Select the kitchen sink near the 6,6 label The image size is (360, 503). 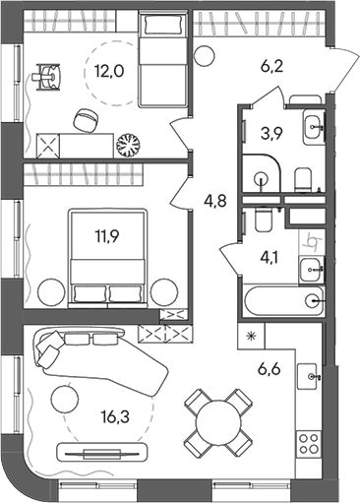pos(312,375)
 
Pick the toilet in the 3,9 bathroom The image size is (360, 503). pos(303,177)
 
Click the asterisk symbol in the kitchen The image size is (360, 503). pos(251,338)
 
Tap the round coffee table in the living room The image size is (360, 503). pos(65,400)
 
